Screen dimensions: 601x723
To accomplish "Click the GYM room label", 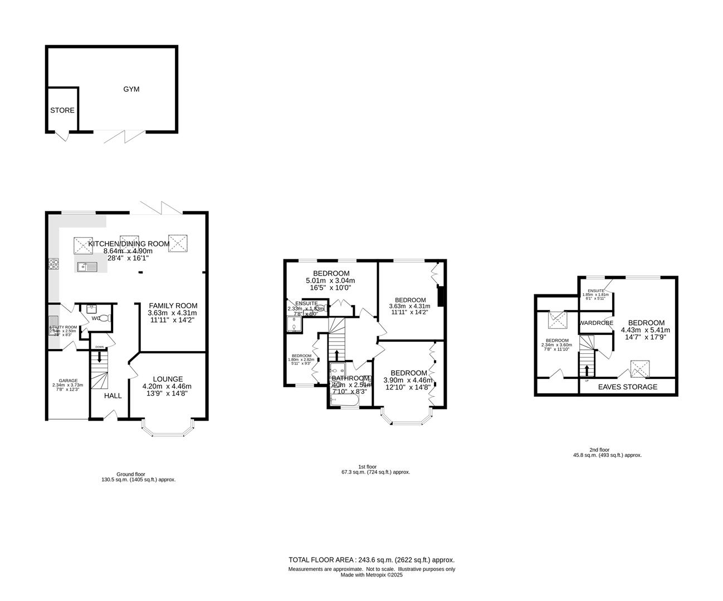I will [131, 89].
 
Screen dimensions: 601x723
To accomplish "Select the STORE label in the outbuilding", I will [62, 110].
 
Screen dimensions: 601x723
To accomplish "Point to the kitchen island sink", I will [87, 267].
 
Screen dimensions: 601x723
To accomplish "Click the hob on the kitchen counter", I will [54, 264].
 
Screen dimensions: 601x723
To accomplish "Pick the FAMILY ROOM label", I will [173, 306].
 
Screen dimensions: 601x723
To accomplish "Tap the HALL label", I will [113, 396].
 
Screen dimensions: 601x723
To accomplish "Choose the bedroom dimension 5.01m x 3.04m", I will [331, 280].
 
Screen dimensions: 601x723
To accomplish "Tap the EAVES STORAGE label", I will [627, 387].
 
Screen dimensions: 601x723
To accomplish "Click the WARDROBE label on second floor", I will [596, 323].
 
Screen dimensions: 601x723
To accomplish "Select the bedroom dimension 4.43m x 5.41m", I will [646, 330].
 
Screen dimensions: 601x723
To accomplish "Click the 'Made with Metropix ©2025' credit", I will [372, 575].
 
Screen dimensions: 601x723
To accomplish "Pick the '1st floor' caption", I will [367, 466].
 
